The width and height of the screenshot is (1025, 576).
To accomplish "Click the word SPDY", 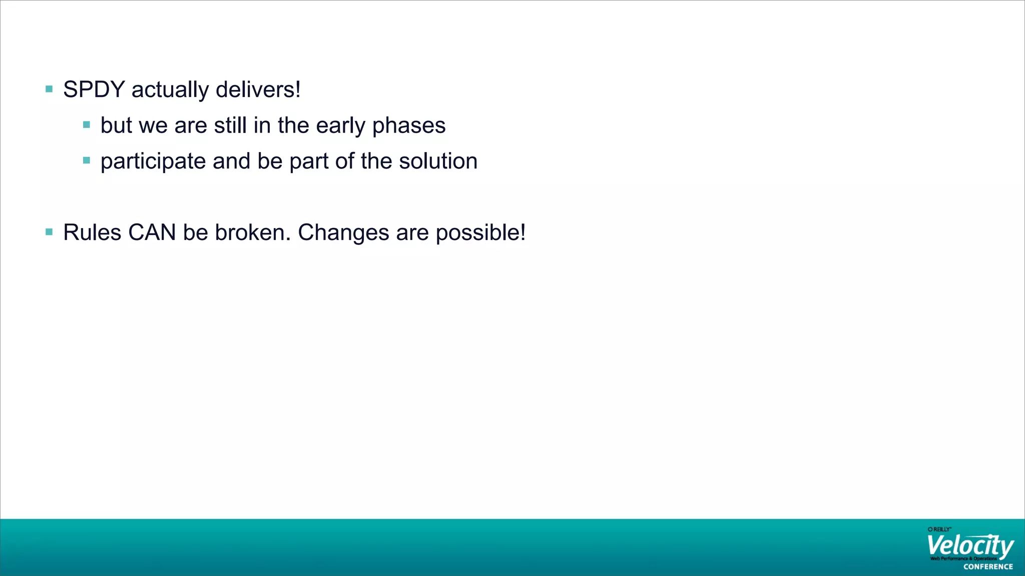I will point(94,90).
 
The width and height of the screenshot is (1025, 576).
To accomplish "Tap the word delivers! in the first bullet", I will point(258,90).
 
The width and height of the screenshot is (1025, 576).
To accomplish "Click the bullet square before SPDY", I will point(49,89).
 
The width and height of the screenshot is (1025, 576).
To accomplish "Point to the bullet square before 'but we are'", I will point(87,125).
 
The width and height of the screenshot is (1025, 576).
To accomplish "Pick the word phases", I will point(408,126).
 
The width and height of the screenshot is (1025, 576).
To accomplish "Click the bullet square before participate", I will point(87,161).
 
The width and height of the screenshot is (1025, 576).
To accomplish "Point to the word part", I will point(309,162).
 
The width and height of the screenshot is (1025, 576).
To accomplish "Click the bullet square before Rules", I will point(49,232).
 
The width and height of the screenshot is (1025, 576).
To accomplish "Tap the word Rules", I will point(92,232).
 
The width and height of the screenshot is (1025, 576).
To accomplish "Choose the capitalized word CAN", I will point(152,232).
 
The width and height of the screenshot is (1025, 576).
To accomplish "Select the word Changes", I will point(343,232).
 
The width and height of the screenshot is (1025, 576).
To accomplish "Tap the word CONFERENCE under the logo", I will point(988,567).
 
